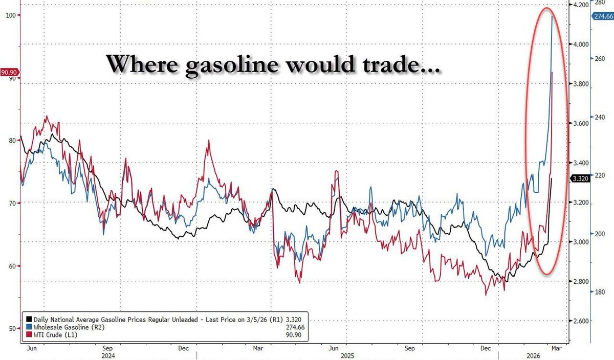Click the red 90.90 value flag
[10, 73]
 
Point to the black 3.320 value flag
[580, 178]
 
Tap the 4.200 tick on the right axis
[580, 5]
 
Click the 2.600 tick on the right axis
[580, 321]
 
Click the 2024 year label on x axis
[107, 355]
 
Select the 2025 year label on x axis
[347, 355]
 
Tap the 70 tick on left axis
[12, 203]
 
